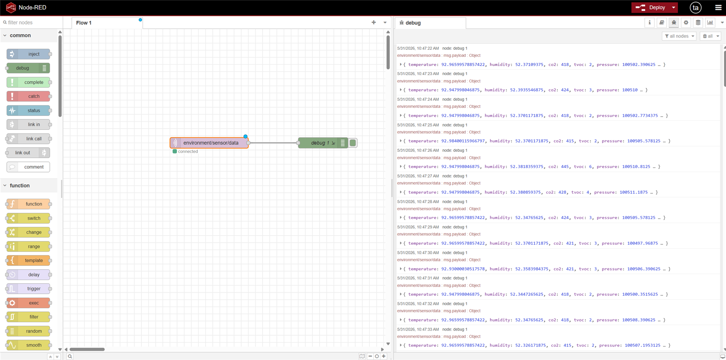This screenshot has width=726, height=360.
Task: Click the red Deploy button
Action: point(650,7)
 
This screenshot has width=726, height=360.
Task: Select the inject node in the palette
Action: point(28,54)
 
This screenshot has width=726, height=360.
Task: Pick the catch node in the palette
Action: point(28,96)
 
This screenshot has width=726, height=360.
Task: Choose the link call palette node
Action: point(28,139)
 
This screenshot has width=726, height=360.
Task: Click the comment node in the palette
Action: point(28,167)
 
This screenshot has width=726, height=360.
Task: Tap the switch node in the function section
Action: point(28,218)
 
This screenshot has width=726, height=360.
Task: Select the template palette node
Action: point(28,260)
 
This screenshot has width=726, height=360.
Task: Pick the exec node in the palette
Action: point(28,303)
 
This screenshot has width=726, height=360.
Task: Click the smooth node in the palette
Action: point(28,345)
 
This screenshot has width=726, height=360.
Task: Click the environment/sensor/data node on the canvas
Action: point(209,143)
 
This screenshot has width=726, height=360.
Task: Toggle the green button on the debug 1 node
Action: point(353,143)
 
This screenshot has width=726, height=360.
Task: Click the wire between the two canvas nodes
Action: point(273,143)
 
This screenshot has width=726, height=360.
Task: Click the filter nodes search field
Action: point(32,22)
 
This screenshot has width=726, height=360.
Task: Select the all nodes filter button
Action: point(679,36)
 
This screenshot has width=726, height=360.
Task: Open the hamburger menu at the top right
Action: point(718,7)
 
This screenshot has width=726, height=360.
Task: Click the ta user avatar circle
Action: point(696,7)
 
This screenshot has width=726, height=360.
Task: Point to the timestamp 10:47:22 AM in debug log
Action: point(428,48)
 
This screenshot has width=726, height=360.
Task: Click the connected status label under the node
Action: point(188,151)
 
